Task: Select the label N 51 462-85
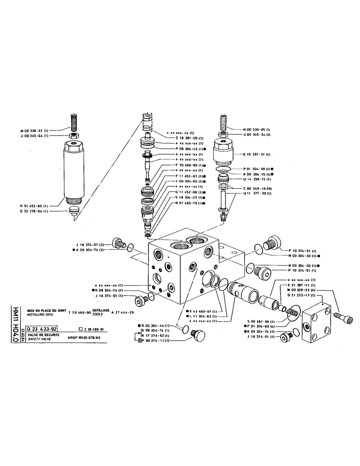(41, 205)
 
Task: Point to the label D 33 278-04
(41, 211)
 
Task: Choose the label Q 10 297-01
(257, 154)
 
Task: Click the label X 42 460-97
(204, 311)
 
